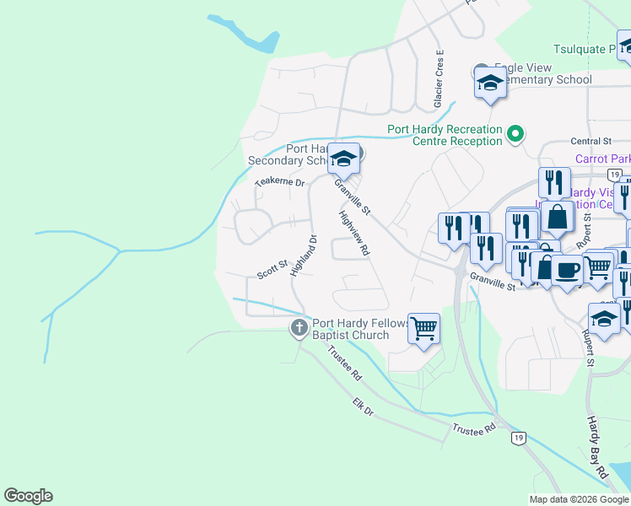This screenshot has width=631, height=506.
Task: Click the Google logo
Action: point(29,496)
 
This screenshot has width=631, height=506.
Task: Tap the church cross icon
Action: point(299,328)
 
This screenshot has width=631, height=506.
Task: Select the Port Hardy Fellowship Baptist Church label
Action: point(360,329)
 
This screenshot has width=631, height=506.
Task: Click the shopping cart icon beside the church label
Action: point(423,328)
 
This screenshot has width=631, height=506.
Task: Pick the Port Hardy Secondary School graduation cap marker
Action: point(343,158)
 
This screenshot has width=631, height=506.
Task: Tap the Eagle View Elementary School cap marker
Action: point(490,83)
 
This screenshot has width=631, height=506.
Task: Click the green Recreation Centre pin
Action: point(515,133)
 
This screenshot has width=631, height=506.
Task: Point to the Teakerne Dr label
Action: point(278,181)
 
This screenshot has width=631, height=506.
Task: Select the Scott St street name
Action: point(272,270)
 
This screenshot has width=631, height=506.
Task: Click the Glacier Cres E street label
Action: point(439,78)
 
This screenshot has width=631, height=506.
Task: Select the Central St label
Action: point(591,141)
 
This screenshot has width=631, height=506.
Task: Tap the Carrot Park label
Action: point(602,158)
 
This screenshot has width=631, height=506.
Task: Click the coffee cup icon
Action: point(567,270)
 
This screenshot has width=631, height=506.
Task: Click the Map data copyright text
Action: point(579,499)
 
